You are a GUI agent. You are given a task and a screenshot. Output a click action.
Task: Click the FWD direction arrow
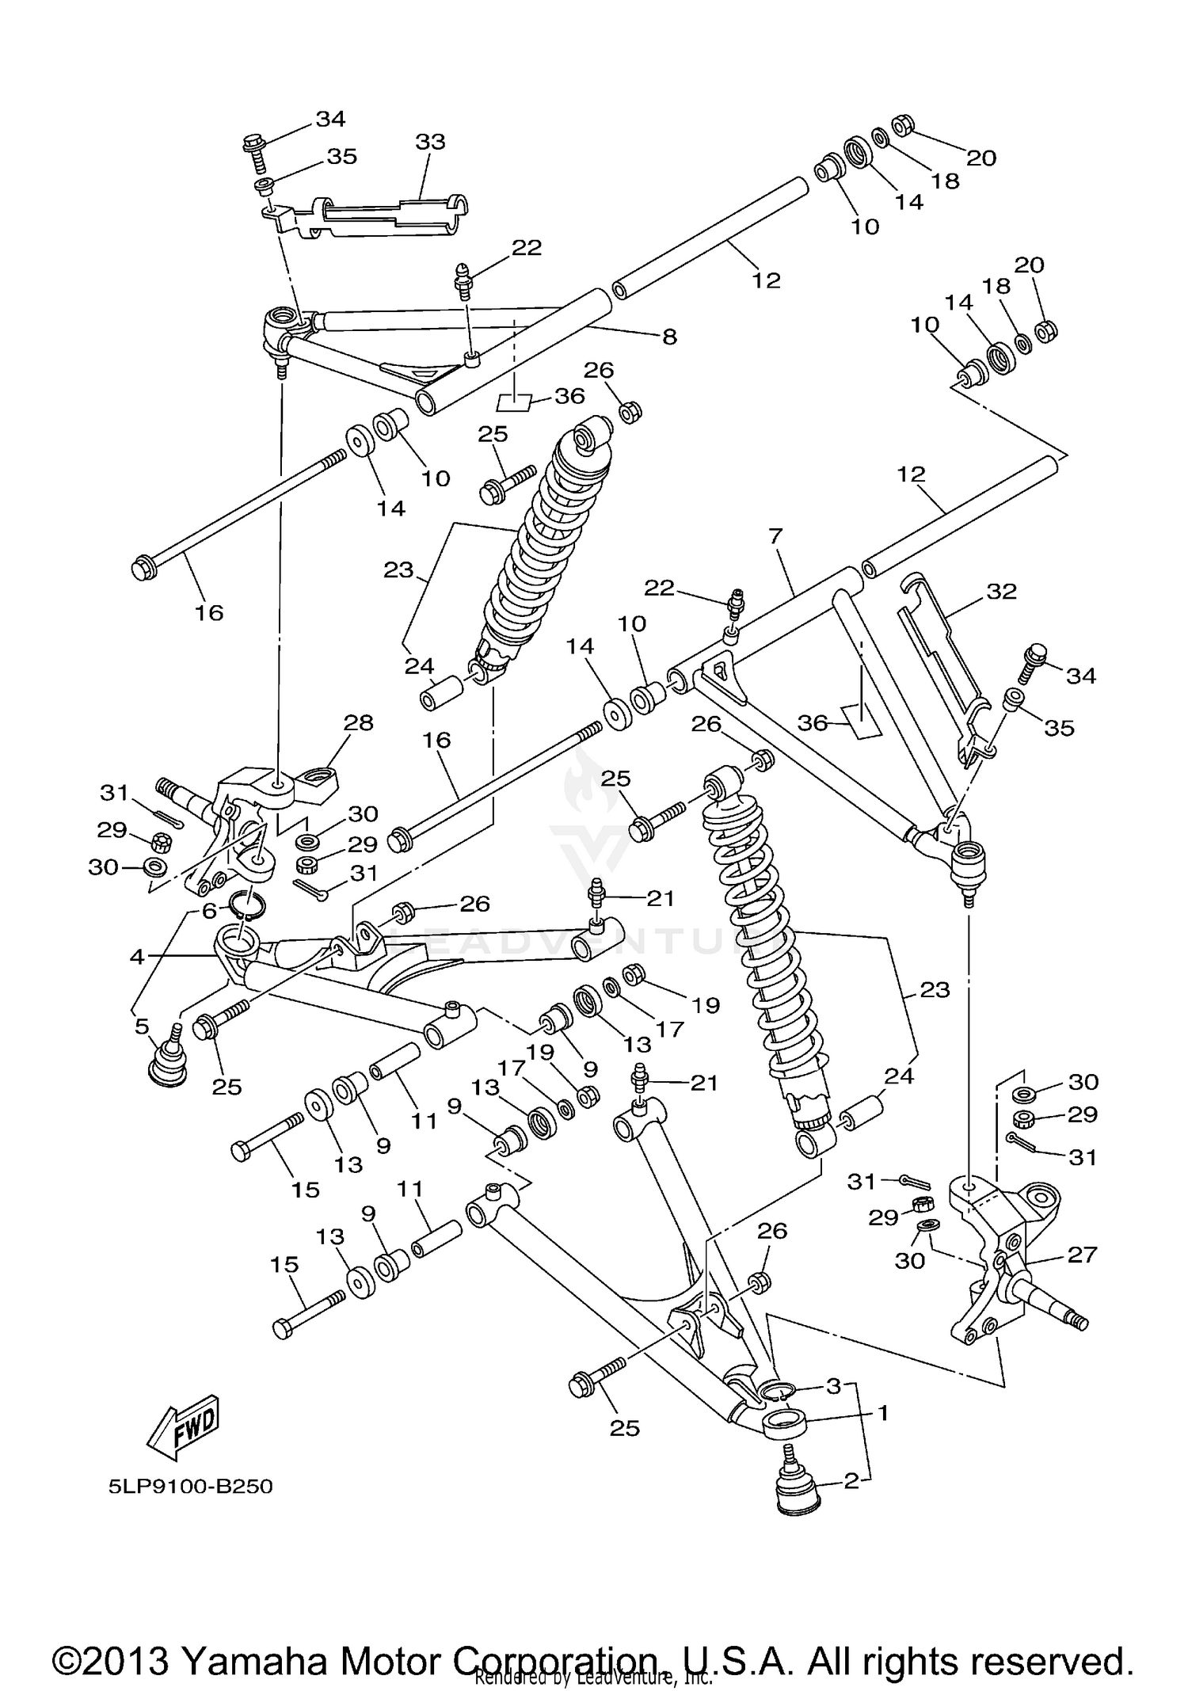[x=183, y=1428]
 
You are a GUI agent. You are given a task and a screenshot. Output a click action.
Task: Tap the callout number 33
[x=430, y=142]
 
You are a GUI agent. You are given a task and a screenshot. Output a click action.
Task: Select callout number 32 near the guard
[x=1001, y=591]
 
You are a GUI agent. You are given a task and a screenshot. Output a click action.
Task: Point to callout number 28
[x=358, y=722]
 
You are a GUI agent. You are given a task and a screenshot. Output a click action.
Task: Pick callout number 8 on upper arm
[x=669, y=337]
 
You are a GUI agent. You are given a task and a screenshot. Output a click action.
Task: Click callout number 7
[x=775, y=536]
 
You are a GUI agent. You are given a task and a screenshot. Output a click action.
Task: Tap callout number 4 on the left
[x=138, y=957]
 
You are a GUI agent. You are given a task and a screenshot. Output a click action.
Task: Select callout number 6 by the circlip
[x=209, y=911]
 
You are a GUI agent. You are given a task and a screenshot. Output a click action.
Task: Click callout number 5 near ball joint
[x=142, y=1026]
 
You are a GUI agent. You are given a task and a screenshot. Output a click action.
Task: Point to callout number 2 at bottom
[x=851, y=1480]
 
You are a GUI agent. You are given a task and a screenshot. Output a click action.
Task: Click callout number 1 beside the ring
[x=883, y=1412]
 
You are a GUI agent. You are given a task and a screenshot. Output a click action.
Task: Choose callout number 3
[x=833, y=1386]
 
